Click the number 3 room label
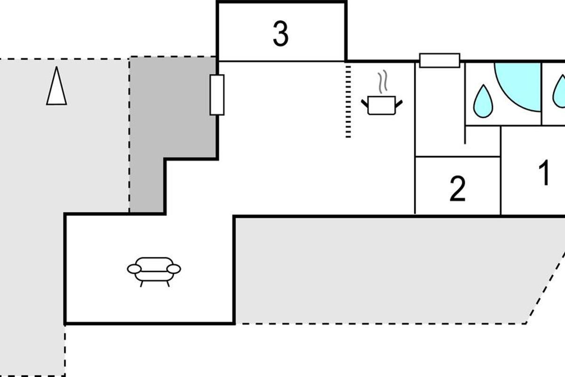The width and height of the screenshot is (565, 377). [x=281, y=34]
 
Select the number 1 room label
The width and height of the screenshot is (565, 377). [x=544, y=173]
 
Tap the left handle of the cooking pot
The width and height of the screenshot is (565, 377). [x=365, y=101]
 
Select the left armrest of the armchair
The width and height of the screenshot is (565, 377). [x=134, y=269]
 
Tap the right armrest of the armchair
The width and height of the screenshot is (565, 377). [x=174, y=269]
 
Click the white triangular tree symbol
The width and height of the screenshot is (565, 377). [x=56, y=86]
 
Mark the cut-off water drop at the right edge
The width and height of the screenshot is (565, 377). [x=559, y=92]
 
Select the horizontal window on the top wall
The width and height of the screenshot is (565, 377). [x=439, y=60]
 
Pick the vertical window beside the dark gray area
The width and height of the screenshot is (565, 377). [x=217, y=95]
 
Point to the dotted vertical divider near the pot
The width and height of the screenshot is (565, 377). [x=348, y=101]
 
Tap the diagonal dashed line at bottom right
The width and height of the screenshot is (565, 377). [x=546, y=287]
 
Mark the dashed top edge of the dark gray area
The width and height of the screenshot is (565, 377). [x=173, y=57]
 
